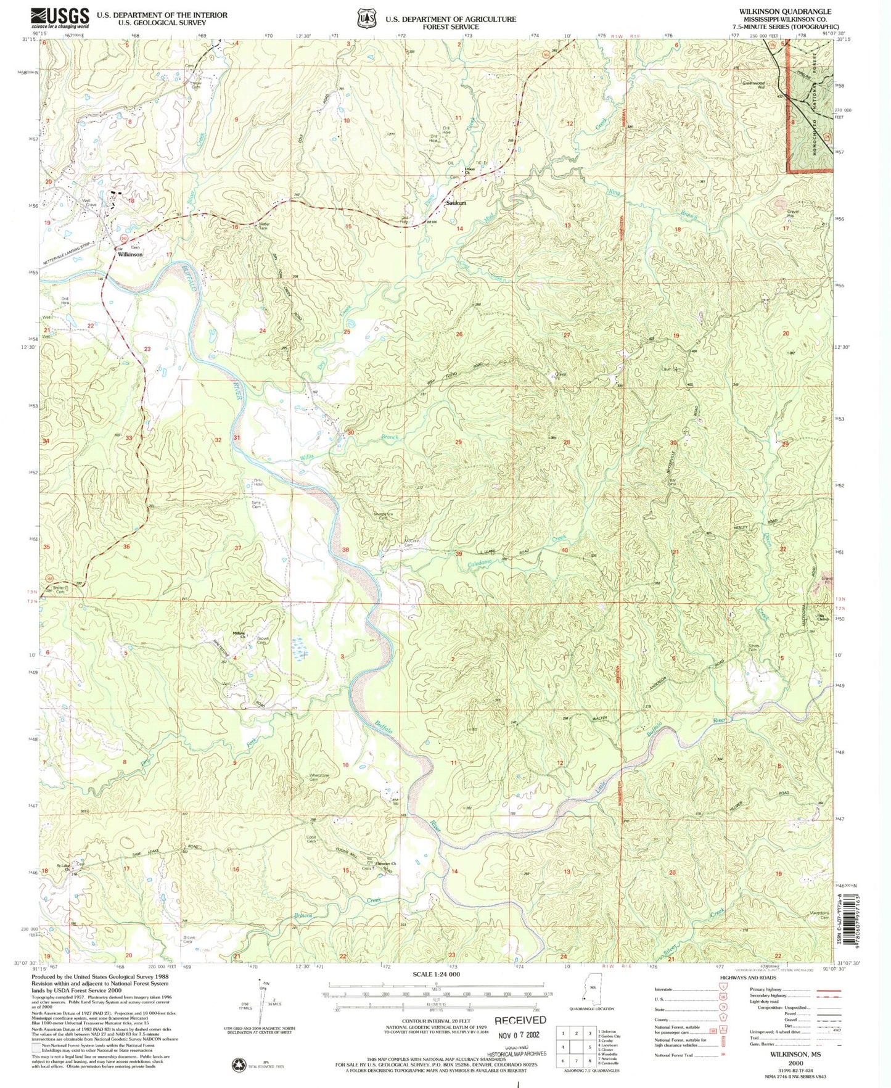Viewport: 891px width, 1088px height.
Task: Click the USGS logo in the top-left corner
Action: pos(60,18)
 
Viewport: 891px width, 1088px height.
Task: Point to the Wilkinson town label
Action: pos(130,254)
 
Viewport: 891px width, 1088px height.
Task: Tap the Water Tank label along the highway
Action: pos(263,226)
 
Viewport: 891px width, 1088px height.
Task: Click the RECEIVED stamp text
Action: pos(520,1020)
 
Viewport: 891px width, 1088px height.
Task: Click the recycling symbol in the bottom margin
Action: pos(237,1065)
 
